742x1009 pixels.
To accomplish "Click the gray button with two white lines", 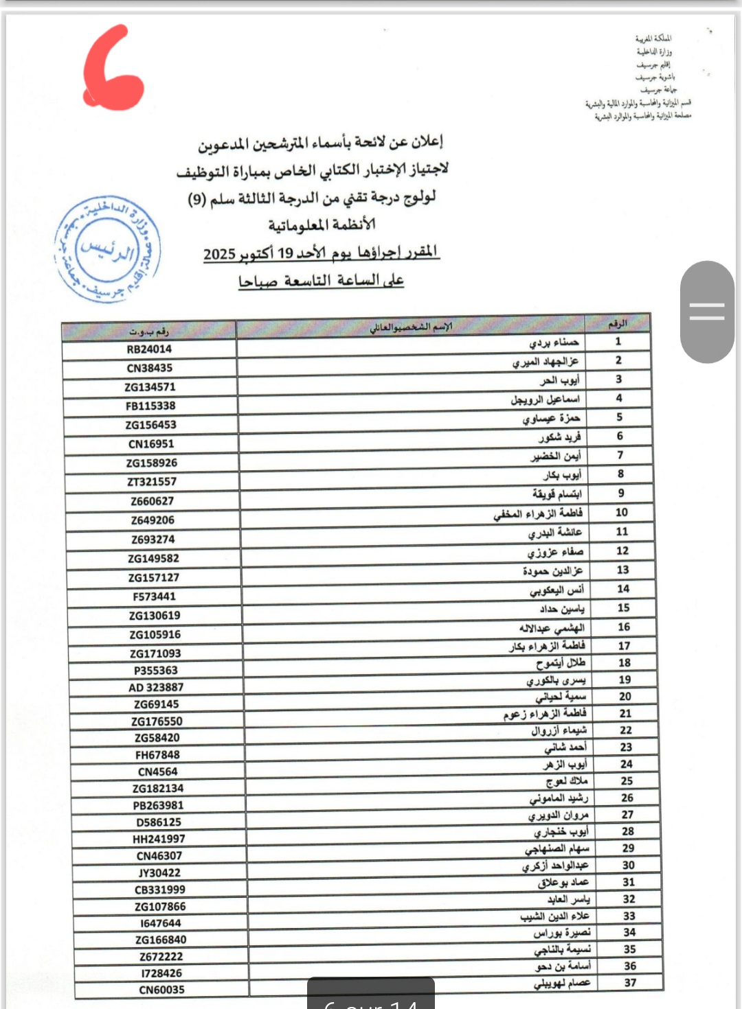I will (707, 312).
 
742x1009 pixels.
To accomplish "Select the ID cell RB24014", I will (149, 349).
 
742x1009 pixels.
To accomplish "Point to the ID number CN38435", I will (149, 368).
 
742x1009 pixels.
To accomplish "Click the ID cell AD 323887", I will (156, 687).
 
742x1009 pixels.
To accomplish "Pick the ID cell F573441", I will (154, 596).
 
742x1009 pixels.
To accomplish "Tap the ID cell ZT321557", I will (151, 482).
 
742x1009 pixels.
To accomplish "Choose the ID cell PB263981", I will (158, 805).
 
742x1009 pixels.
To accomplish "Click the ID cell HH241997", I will (159, 839).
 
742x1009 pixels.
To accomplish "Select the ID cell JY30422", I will (159, 872).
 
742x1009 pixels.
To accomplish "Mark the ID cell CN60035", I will (161, 990).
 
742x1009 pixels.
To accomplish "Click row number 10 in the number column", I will (622, 512).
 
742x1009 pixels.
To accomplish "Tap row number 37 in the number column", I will (630, 982).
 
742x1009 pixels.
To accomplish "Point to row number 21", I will (625, 713).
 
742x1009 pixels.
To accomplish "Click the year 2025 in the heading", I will (219, 255).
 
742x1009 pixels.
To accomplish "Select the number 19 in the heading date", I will (285, 253).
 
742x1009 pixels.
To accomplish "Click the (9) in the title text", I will (197, 200).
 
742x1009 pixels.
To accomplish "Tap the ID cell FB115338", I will (150, 406).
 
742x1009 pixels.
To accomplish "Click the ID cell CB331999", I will (160, 890).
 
